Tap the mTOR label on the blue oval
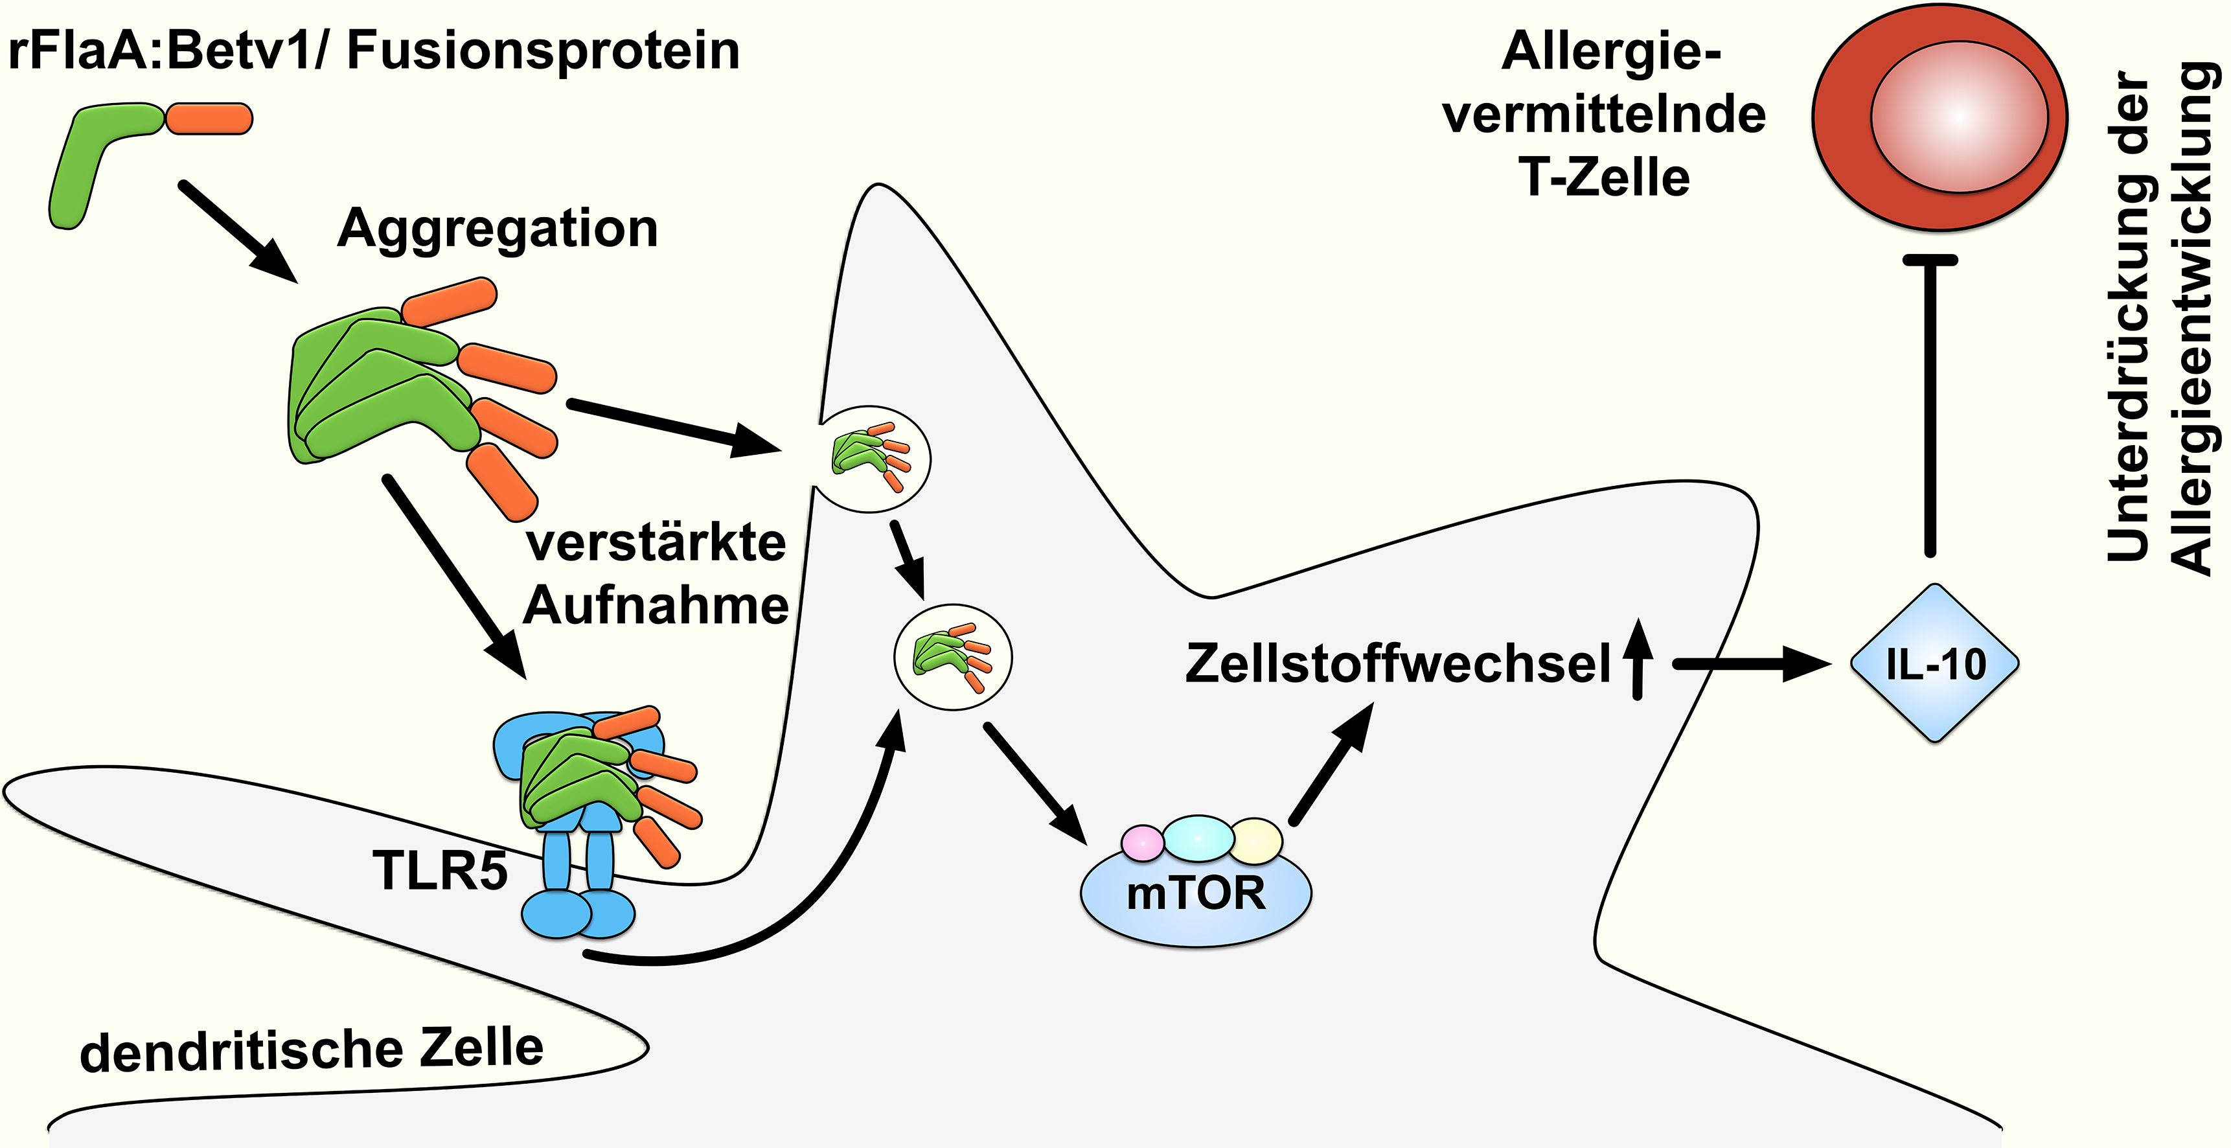(x=1196, y=893)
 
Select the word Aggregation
(x=498, y=229)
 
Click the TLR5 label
(x=440, y=870)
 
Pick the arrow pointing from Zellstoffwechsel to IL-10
(x=1750, y=665)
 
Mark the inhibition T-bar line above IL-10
(x=1930, y=408)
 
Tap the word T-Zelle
(x=1604, y=178)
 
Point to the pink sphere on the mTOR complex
(x=1143, y=842)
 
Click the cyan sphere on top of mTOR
(x=1198, y=838)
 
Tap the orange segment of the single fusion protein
(x=209, y=119)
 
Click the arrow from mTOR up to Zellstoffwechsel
(x=1332, y=763)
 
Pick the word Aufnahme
(x=656, y=604)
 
